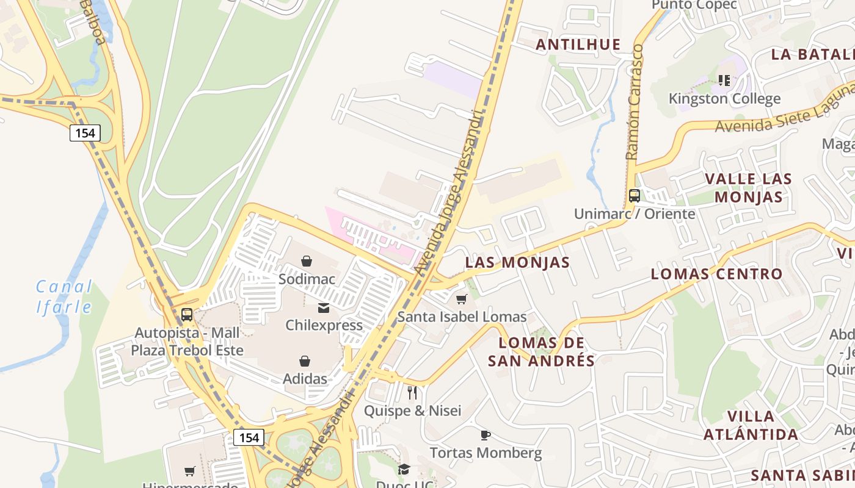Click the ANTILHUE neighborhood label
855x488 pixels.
[x=578, y=45]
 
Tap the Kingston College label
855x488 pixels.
[x=724, y=98]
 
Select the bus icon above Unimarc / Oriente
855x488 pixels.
[x=635, y=196]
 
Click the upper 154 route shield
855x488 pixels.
[x=84, y=133]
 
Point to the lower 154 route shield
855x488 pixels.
[x=249, y=437]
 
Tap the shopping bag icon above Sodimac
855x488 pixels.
[x=307, y=261]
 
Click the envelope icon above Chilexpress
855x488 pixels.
[x=324, y=308]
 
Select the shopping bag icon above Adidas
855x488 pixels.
[x=305, y=361]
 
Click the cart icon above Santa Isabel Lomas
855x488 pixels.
[x=462, y=299]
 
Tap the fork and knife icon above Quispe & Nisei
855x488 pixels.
[x=412, y=392]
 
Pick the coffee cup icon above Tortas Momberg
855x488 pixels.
[x=485, y=435]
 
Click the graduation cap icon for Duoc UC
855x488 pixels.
[x=404, y=469]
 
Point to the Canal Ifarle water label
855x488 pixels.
[x=64, y=296]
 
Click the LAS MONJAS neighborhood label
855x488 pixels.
[x=517, y=262]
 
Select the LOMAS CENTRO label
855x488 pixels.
[x=716, y=274]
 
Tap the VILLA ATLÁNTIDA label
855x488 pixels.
[x=751, y=425]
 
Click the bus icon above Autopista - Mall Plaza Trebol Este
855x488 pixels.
[x=187, y=315]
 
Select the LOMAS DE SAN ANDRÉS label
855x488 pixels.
[x=541, y=351]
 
